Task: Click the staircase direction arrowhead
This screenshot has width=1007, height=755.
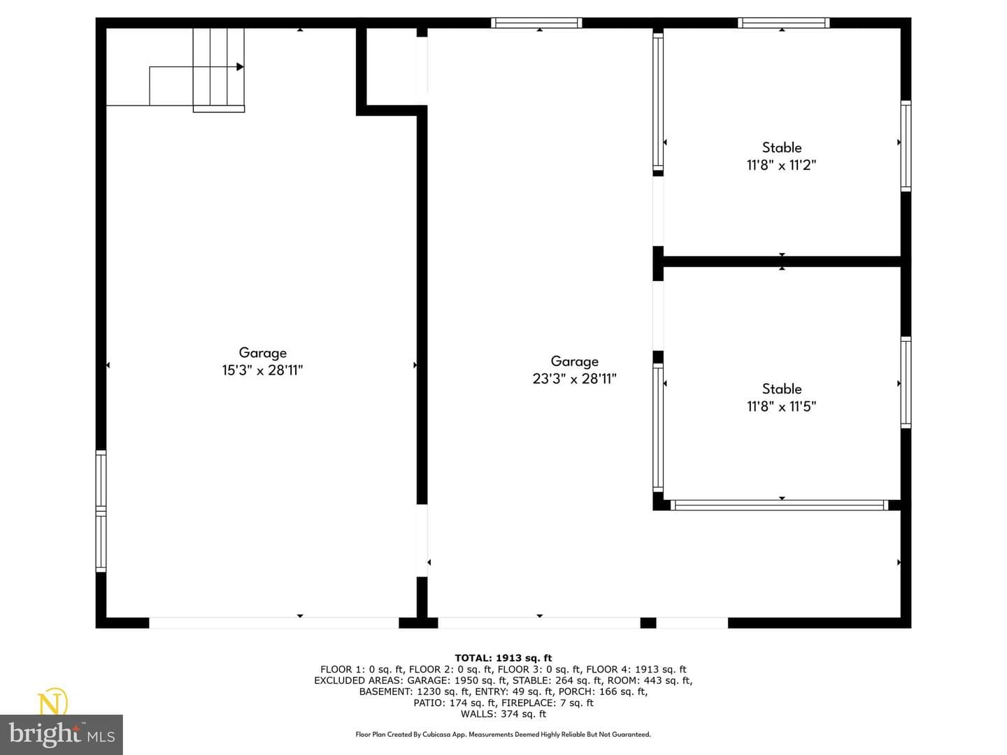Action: pos(240,67)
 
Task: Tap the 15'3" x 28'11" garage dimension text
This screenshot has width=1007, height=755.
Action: pos(262,370)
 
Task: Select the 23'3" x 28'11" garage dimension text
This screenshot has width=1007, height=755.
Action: pos(574,379)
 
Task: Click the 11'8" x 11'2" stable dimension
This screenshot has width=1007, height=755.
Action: pos(781,164)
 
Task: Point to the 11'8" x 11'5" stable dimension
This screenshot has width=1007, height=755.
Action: pos(781,406)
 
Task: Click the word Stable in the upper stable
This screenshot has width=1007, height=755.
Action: pos(782,147)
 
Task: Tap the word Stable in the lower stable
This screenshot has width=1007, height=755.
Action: pos(782,389)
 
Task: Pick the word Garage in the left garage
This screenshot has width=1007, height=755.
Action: pos(262,352)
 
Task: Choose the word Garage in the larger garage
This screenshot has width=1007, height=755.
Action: pos(574,361)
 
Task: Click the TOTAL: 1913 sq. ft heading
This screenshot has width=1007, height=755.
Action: pos(503,659)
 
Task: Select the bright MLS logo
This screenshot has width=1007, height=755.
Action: pos(62,734)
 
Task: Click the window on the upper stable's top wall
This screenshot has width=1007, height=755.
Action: pos(784,23)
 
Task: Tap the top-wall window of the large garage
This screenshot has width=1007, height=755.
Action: pos(536,23)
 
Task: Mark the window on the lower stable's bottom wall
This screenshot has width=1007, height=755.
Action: pos(780,505)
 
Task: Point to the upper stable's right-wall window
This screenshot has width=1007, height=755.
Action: pos(906,146)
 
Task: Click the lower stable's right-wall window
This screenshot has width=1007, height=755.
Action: pos(906,382)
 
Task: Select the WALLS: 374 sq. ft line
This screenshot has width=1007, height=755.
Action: pos(503,714)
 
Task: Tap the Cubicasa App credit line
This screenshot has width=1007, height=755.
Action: pos(503,734)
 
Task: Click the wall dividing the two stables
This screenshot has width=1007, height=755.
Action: pos(782,261)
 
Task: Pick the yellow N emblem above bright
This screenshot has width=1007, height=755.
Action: pos(53,702)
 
